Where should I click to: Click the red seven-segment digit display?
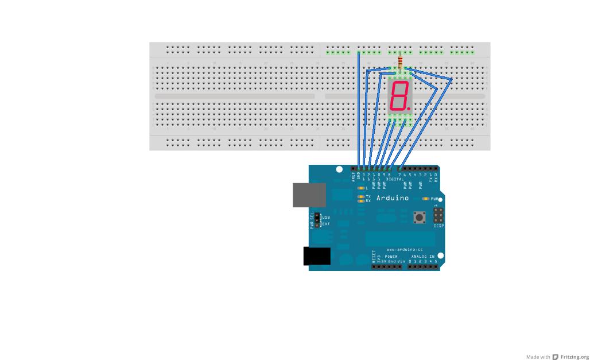click(399, 96)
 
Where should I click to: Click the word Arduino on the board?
click(393, 198)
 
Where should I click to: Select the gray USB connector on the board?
click(309, 195)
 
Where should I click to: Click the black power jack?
click(316, 256)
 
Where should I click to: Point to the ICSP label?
click(438, 226)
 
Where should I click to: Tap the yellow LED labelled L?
click(360, 188)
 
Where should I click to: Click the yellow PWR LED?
click(425, 199)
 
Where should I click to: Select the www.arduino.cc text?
click(405, 250)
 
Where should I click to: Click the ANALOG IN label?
click(424, 257)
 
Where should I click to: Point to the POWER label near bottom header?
click(391, 257)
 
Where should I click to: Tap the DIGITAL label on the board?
click(395, 179)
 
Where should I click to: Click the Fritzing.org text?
click(575, 357)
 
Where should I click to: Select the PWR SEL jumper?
click(316, 220)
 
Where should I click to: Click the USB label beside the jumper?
click(326, 218)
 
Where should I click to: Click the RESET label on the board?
click(374, 256)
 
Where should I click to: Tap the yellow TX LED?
click(360, 196)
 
